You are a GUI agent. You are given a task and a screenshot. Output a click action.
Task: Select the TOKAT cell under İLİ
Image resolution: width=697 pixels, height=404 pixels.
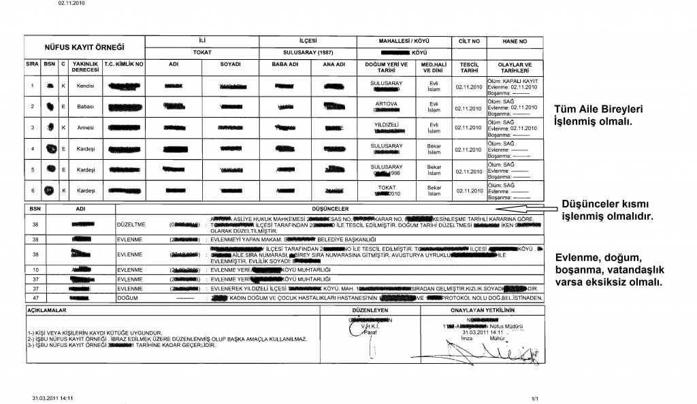203,51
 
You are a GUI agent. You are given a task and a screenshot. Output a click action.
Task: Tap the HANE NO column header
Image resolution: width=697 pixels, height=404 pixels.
515,41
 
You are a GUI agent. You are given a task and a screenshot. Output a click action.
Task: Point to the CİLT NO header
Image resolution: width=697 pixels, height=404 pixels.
466,41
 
